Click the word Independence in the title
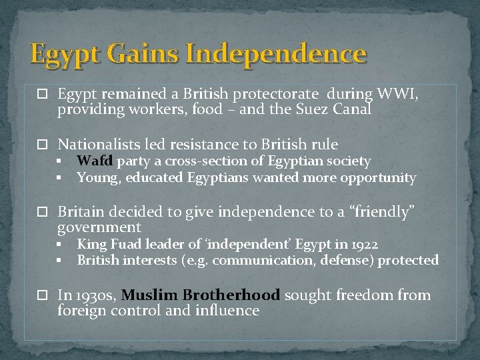point(275,54)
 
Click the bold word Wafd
point(96,161)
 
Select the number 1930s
point(95,295)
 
